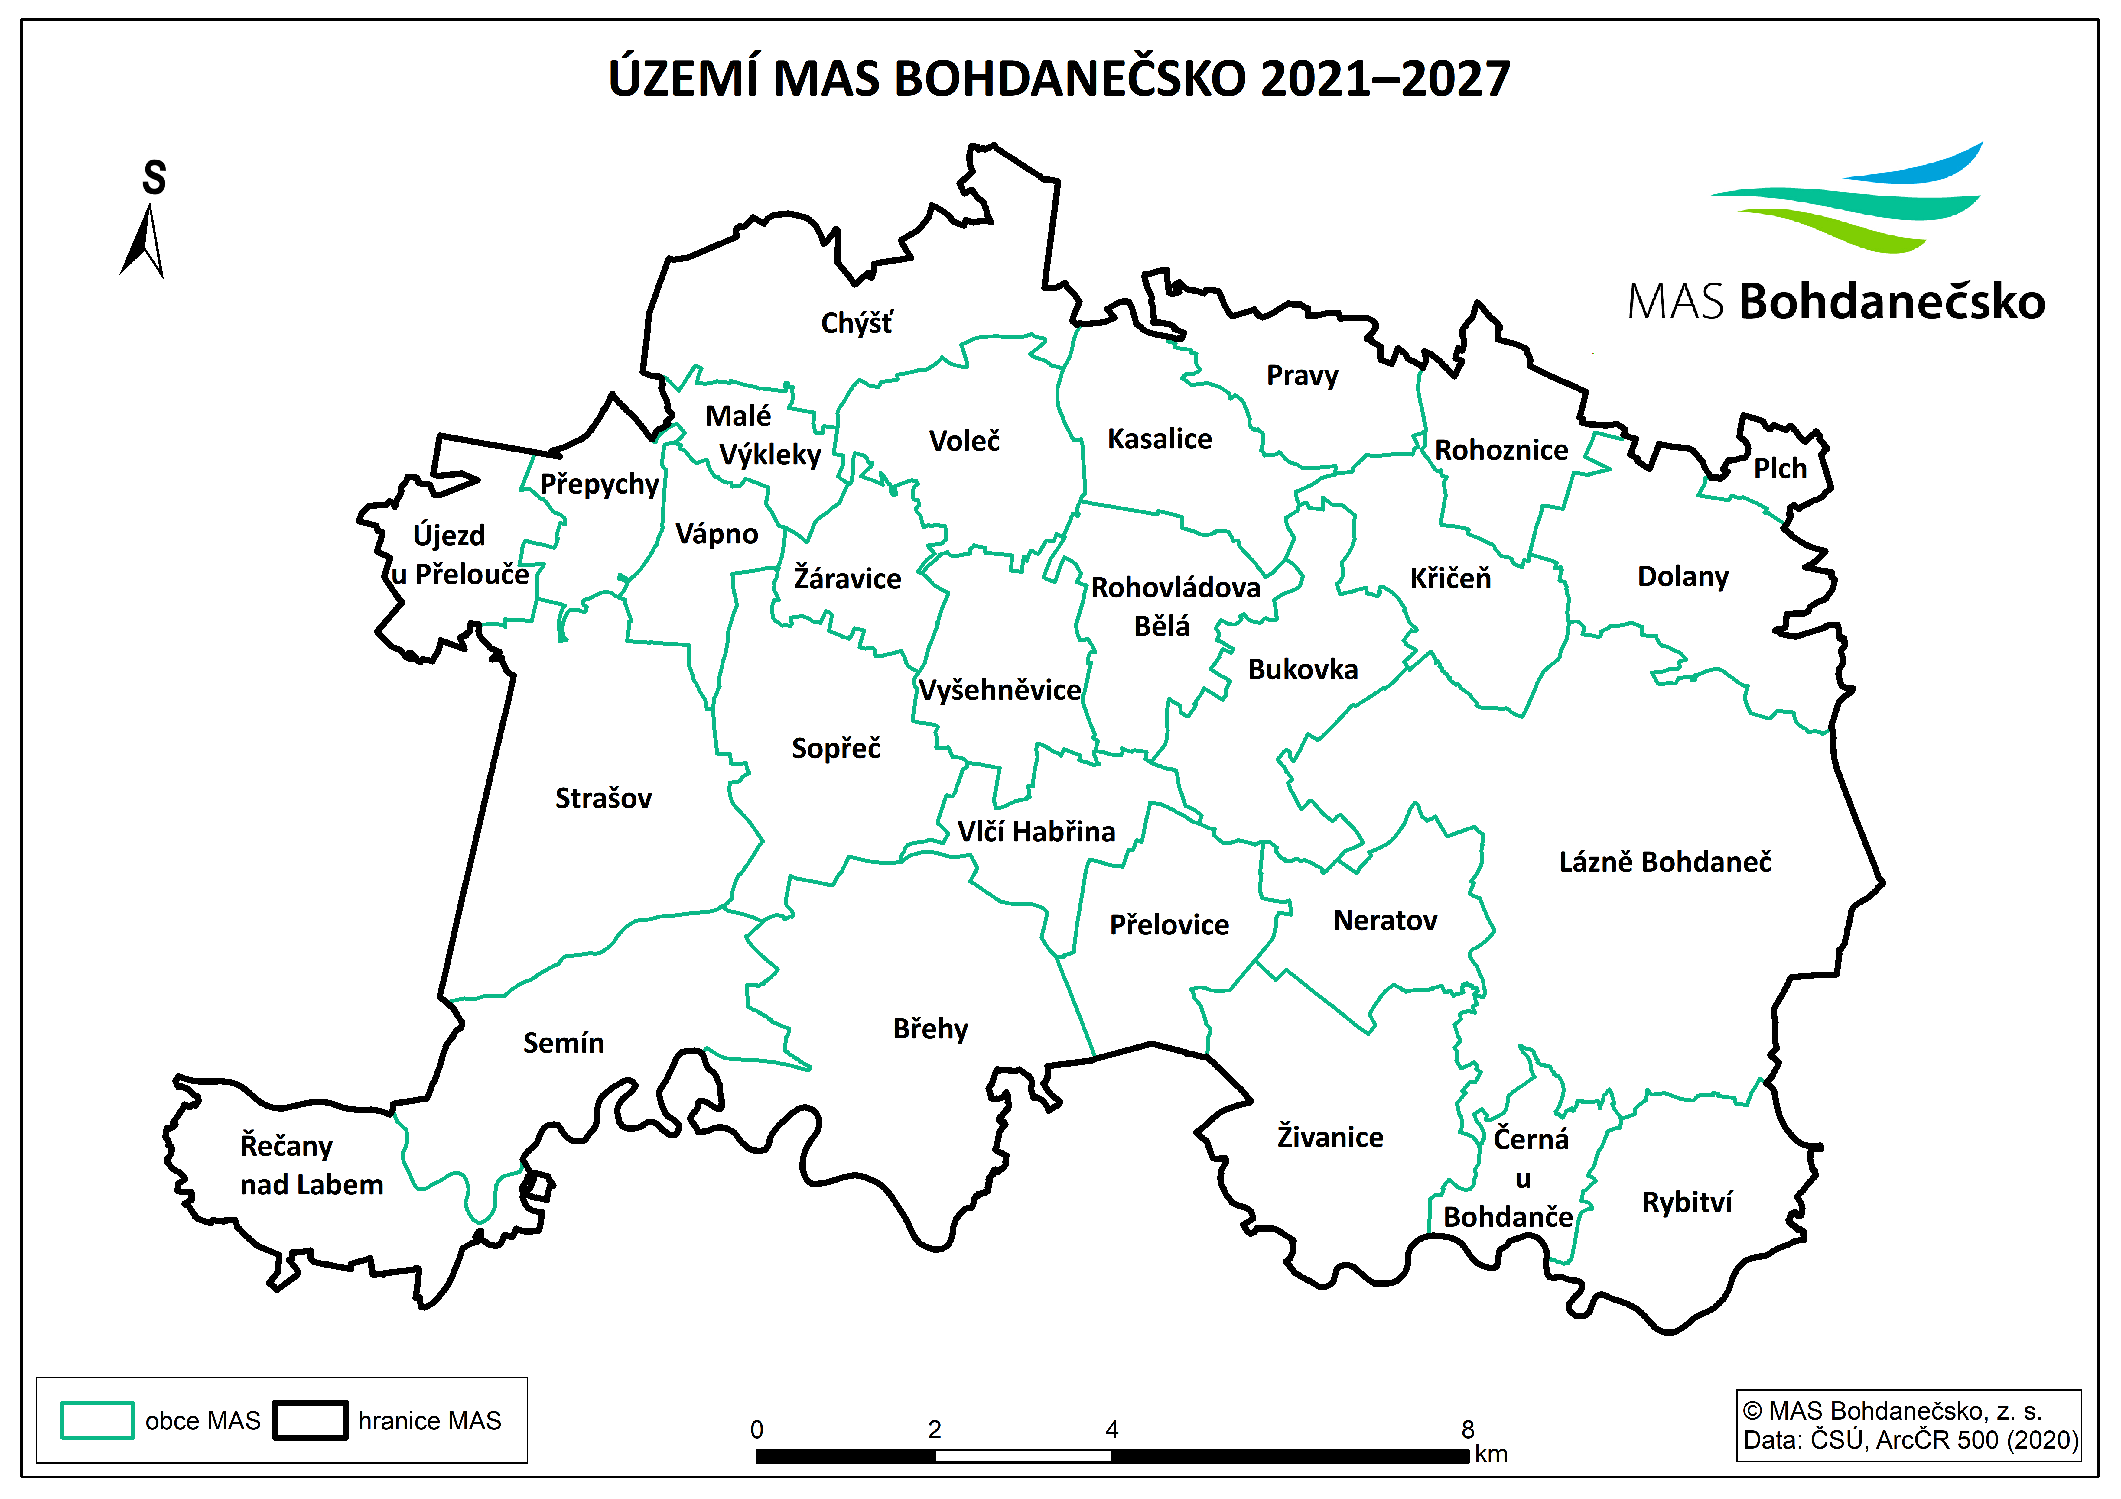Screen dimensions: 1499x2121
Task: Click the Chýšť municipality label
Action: tap(856, 323)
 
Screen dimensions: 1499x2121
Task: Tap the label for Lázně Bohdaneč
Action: tap(1665, 862)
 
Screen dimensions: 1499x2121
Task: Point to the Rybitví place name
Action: tap(1687, 1203)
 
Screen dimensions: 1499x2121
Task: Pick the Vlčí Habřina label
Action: tap(1036, 832)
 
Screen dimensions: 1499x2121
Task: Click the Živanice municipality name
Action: tap(1330, 1137)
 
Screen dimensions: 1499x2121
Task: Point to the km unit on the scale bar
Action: tap(1491, 1455)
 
